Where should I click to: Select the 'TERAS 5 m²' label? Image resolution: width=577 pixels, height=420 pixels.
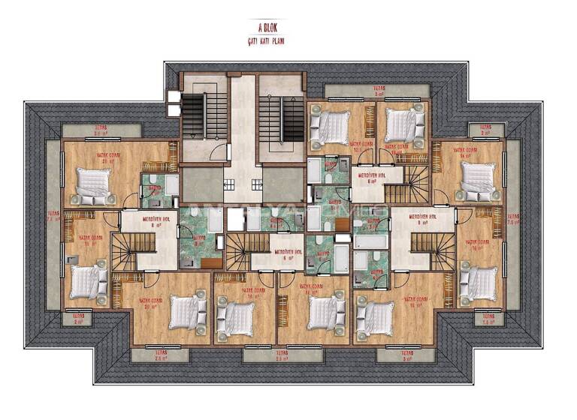pos(367,92)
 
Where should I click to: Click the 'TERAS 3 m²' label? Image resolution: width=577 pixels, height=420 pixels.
pos(406,355)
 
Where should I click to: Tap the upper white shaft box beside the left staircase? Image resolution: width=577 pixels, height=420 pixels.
pos(174,96)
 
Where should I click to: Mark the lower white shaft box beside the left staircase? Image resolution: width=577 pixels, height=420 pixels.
pos(174,110)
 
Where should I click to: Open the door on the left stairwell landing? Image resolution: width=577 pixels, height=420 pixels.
pos(219,153)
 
